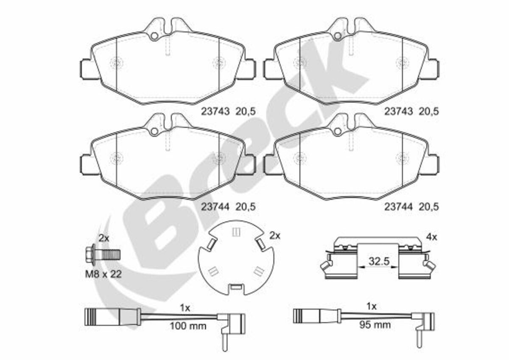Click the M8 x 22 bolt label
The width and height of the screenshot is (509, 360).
pos(103,274)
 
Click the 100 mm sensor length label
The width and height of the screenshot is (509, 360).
pos(188,326)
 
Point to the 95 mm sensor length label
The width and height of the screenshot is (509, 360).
pos(375,325)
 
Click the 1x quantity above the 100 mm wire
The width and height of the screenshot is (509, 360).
pos(185,308)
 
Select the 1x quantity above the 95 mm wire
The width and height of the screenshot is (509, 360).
pos(372,307)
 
